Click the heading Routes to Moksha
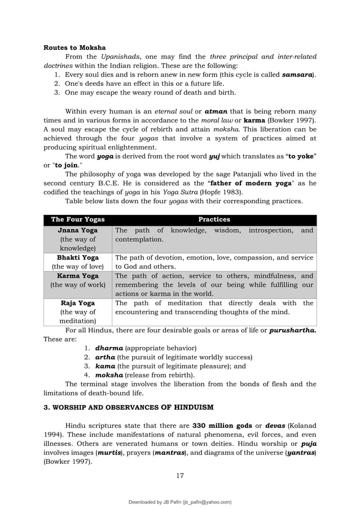(x=74, y=47)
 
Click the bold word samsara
(x=297, y=74)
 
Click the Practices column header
(x=214, y=220)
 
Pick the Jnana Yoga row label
(x=78, y=230)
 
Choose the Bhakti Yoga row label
(x=78, y=257)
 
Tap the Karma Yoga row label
(x=78, y=275)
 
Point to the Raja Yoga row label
(x=78, y=303)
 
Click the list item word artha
(x=106, y=357)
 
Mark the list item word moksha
(x=109, y=375)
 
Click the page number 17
(x=180, y=475)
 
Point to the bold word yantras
(x=301, y=452)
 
